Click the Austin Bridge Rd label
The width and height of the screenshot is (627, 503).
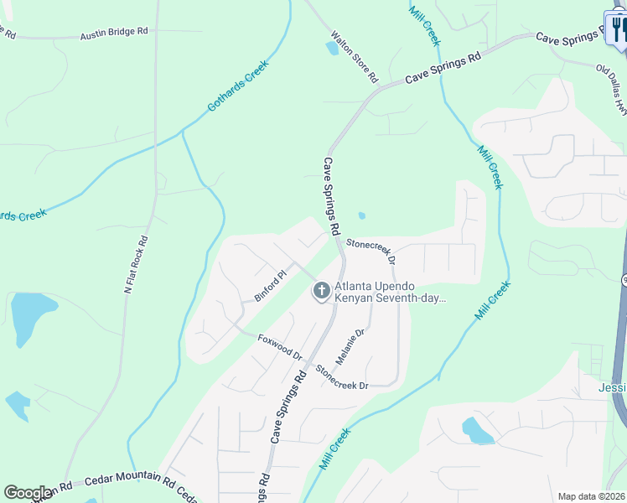click(114, 34)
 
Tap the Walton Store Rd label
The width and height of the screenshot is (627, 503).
click(355, 58)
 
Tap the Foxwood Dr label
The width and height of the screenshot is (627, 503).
click(280, 345)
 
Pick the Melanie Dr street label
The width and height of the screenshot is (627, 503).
click(351, 346)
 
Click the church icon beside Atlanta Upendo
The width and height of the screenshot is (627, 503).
click(320, 291)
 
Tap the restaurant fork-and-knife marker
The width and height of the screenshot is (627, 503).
click(619, 30)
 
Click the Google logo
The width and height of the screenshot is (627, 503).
click(28, 493)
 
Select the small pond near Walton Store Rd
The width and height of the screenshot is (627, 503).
click(333, 48)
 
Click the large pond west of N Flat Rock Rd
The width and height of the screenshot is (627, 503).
click(28, 319)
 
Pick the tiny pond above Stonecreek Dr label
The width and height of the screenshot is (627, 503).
click(362, 215)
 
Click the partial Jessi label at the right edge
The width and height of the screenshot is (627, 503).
click(613, 387)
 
